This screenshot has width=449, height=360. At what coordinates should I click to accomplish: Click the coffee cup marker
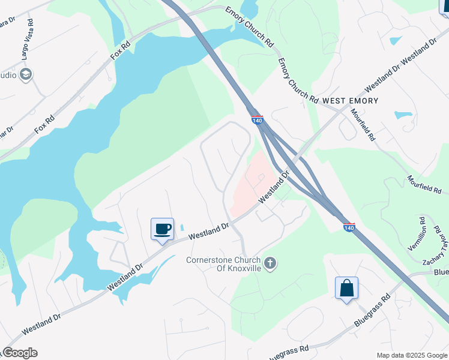pos(162,229)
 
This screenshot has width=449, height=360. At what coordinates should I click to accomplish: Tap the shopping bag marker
pos(347,288)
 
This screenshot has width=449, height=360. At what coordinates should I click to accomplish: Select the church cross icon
pos(270,263)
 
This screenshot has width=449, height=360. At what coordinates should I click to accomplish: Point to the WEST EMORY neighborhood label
pos(351,101)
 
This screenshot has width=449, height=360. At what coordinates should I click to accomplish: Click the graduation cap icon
pos(26,74)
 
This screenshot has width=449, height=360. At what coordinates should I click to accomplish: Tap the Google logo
pos(20,353)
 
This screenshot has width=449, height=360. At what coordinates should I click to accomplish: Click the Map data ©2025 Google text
pos(411,355)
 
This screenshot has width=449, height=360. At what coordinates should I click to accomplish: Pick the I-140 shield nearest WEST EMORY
pos(258,120)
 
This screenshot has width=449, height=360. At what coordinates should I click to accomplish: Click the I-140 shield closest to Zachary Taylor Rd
pos(349,227)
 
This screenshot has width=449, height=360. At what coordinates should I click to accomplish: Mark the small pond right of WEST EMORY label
pos(403,115)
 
